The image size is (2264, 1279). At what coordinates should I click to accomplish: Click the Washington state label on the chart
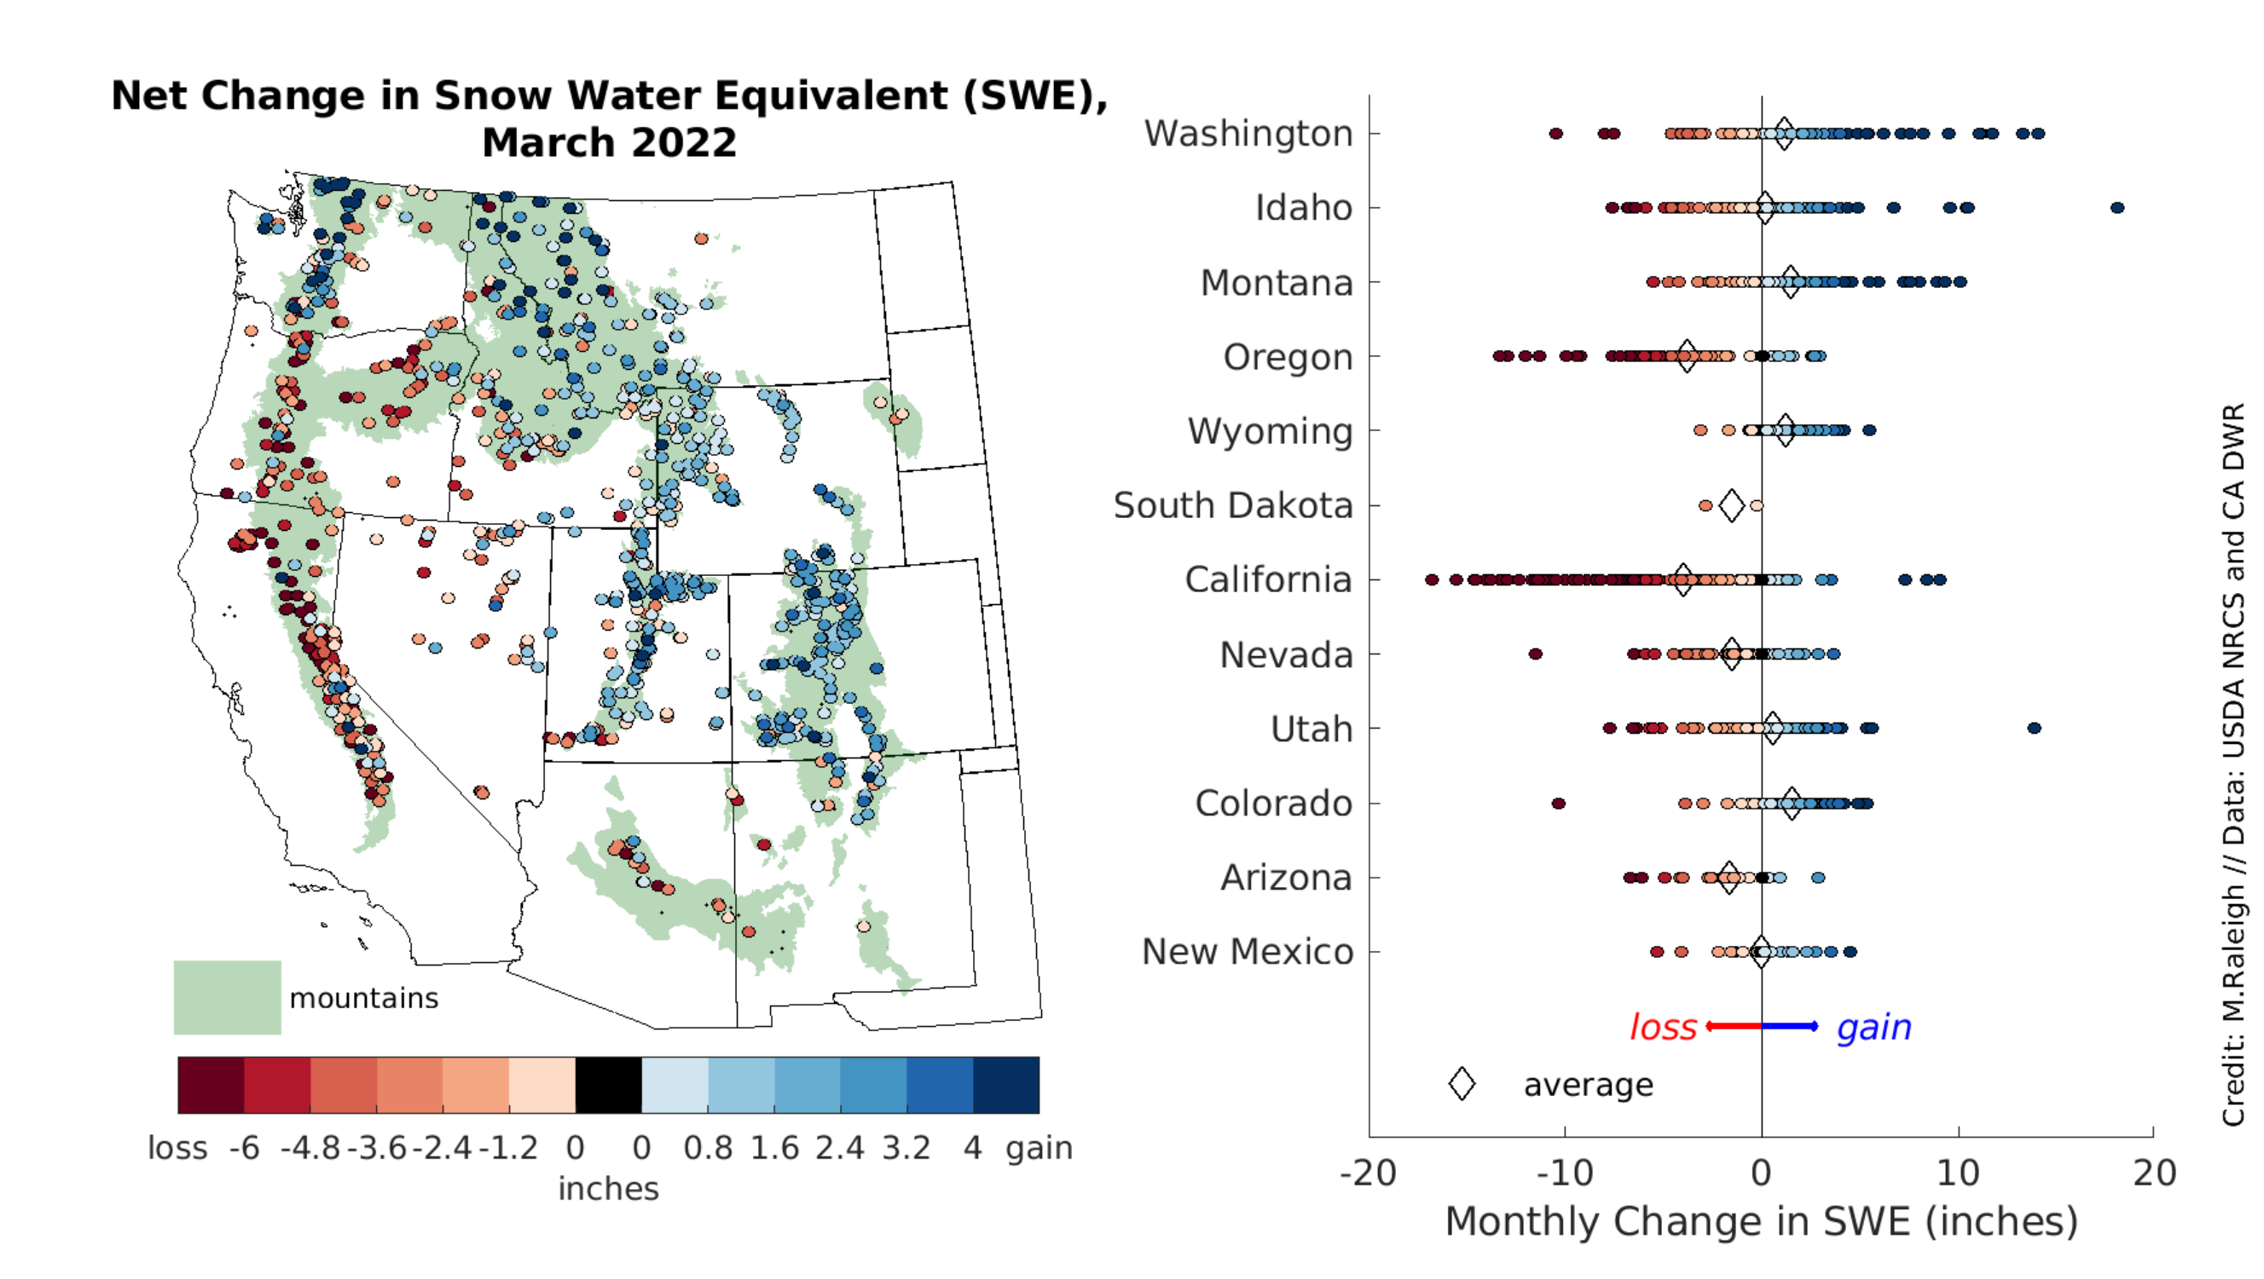click(1248, 134)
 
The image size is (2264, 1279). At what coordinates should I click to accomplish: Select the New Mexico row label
click(1248, 953)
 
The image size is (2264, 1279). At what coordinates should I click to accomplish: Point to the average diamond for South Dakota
click(1731, 506)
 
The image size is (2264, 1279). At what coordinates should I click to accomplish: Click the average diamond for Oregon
click(1687, 357)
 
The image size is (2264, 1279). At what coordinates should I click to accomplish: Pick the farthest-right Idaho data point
click(2117, 208)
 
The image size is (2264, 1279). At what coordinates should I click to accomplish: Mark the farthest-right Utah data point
click(2034, 729)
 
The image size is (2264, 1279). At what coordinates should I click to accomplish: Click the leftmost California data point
click(1432, 579)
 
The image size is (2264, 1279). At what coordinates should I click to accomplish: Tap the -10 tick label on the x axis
click(1565, 1173)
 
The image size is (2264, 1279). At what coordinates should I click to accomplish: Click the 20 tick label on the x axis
click(2154, 1173)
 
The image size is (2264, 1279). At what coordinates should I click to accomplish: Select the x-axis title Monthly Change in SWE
click(1761, 1222)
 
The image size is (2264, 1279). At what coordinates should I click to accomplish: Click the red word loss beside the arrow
click(1663, 1027)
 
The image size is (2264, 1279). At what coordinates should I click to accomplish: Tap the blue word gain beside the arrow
click(1873, 1027)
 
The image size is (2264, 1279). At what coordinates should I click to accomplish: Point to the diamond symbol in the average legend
click(1462, 1084)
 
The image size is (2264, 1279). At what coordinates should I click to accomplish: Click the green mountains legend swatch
click(227, 997)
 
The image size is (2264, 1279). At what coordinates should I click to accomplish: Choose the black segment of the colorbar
click(608, 1086)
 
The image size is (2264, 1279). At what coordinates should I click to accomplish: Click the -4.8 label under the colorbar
click(310, 1148)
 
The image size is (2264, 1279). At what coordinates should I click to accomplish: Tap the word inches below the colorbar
click(608, 1189)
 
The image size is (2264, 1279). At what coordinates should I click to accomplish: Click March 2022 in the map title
click(609, 142)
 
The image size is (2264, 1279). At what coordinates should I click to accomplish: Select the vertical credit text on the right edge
click(2233, 764)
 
